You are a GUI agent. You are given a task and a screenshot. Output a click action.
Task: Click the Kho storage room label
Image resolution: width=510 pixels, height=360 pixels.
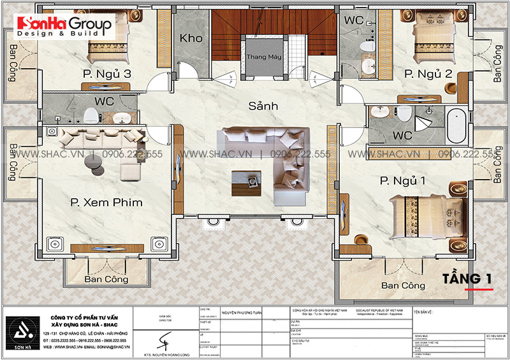click(x=191, y=38)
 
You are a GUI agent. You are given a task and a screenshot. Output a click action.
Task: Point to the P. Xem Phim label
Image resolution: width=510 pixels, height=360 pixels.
click(x=105, y=203)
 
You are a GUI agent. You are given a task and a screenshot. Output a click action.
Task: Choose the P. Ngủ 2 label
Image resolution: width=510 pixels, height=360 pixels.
click(x=428, y=75)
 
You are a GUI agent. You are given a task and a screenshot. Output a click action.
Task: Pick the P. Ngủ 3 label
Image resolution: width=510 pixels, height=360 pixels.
click(x=107, y=75)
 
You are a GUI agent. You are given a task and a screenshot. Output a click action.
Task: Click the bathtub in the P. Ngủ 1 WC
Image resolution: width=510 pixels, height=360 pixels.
click(x=455, y=126)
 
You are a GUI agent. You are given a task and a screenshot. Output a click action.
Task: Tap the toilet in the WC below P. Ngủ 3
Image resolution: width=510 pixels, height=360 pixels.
click(x=91, y=115)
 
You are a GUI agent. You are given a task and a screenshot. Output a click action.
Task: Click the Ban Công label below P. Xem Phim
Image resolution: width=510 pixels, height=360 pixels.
click(x=106, y=279)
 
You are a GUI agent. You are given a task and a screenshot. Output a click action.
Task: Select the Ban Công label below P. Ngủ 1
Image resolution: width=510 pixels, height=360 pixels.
click(x=403, y=285)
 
